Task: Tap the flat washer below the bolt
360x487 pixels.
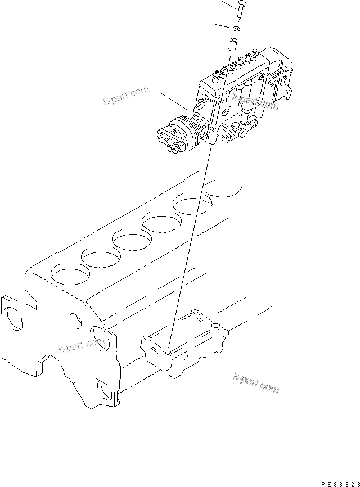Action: tap(237, 29)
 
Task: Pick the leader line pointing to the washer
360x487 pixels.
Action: tap(223, 26)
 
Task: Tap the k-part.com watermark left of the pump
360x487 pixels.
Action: tap(125, 96)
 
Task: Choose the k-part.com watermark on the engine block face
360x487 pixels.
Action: tap(82, 346)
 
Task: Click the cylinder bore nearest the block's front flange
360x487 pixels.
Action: tap(68, 274)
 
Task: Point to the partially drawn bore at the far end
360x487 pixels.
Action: tap(225, 190)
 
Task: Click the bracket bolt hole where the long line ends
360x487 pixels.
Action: tap(167, 353)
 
